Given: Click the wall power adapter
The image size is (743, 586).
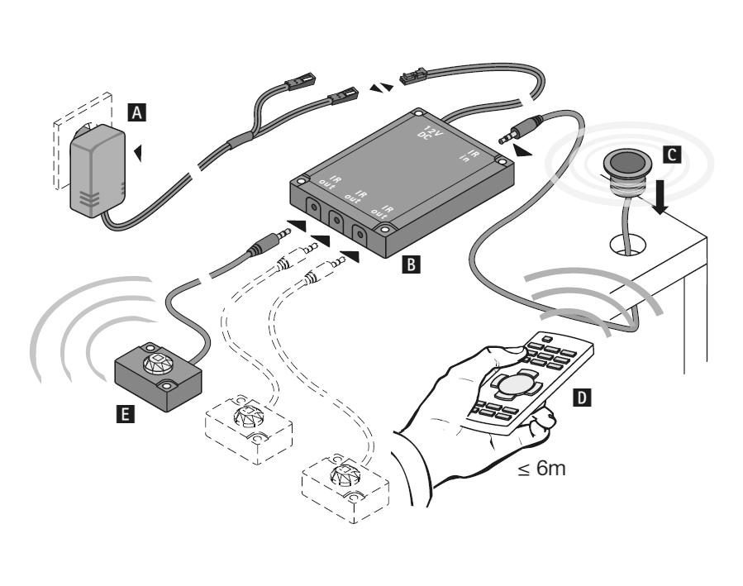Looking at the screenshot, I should tap(98, 179).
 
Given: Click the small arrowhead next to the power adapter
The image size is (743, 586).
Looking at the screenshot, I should tap(139, 151).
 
